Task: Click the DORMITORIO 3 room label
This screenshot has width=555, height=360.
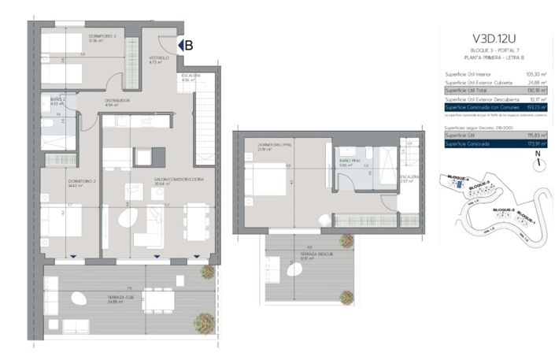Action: point(102,36)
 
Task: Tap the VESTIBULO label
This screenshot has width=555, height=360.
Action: point(161,58)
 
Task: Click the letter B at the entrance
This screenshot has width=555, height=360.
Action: point(188,45)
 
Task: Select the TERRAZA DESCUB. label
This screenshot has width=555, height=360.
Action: point(298,254)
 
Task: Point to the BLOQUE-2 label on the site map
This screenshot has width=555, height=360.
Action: point(503,210)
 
